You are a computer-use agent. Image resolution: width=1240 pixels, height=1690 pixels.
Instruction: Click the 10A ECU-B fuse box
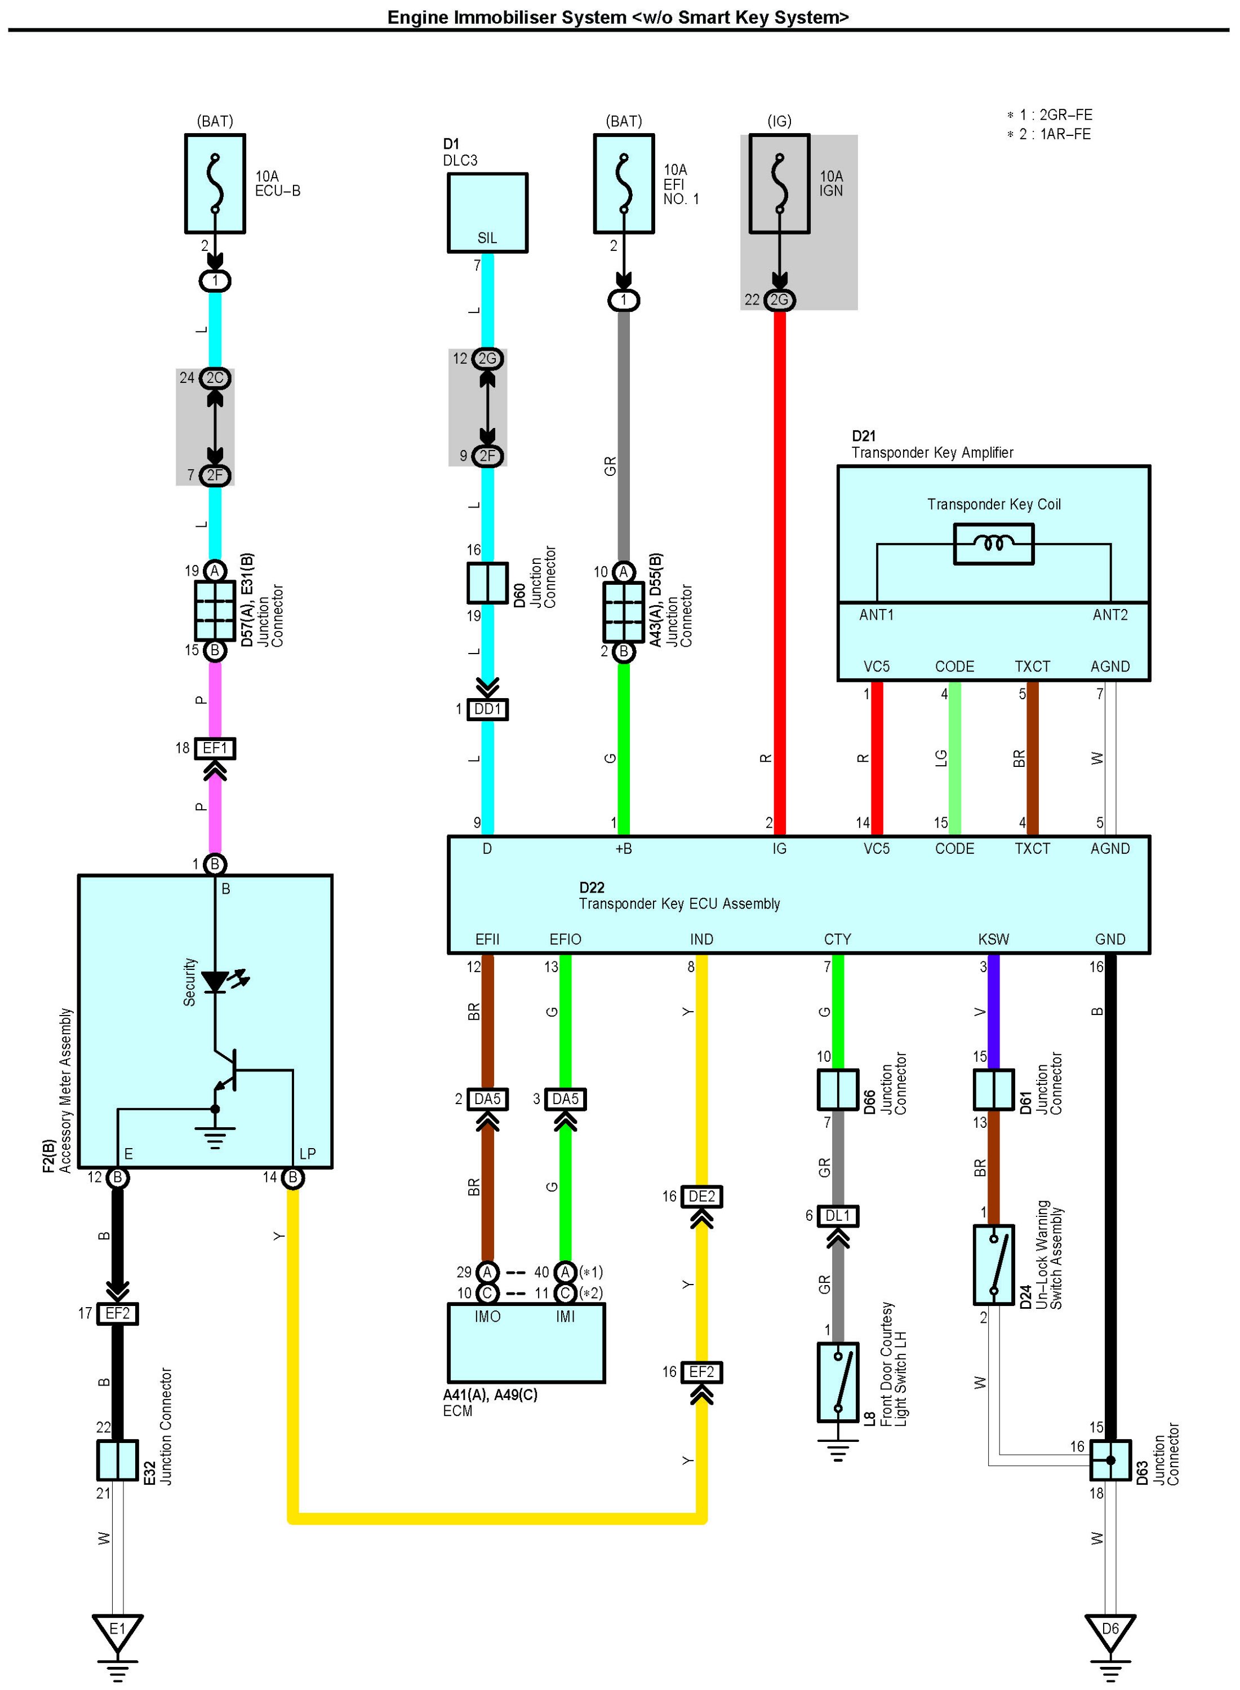click(215, 184)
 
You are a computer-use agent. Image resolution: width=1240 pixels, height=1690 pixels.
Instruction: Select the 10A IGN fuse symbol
click(780, 184)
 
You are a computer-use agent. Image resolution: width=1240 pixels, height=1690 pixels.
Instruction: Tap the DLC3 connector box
click(488, 213)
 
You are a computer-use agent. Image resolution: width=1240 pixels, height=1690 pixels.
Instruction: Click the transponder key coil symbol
click(994, 544)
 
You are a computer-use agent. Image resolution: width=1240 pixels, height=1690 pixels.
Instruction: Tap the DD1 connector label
click(488, 709)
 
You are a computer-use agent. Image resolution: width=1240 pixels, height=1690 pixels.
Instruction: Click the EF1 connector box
click(215, 748)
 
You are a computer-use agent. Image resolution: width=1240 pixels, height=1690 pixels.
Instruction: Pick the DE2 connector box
click(702, 1197)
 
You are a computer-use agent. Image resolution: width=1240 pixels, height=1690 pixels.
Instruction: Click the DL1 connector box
click(838, 1216)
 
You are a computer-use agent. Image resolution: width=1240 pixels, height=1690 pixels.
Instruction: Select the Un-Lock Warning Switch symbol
click(994, 1265)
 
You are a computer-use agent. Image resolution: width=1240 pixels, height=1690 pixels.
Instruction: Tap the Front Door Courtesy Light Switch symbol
click(838, 1383)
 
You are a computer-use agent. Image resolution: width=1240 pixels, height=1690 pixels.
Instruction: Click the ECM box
click(526, 1343)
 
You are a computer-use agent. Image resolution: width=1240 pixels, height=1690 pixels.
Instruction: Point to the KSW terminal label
click(994, 939)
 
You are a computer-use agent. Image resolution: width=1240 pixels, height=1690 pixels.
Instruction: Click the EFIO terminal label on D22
click(565, 939)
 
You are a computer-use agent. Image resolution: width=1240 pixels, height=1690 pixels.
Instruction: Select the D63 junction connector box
click(1110, 1460)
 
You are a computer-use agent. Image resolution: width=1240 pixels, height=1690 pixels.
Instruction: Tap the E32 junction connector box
click(117, 1460)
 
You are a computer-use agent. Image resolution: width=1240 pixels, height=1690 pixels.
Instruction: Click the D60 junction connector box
click(488, 583)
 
